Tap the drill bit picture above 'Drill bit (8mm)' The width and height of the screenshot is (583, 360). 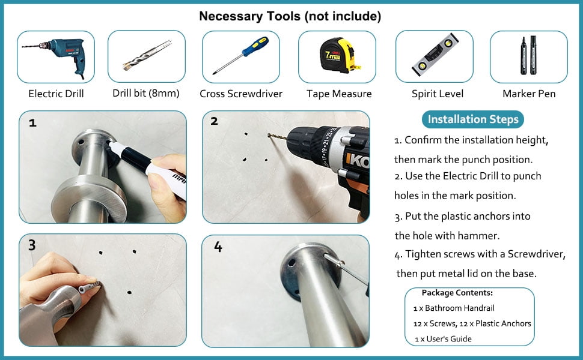coord(147,55)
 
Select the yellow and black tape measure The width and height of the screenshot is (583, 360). coord(339,55)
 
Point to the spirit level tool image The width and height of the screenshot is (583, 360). coord(435,55)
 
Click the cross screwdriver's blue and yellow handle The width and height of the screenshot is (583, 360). coord(255,46)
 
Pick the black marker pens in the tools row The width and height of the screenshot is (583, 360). coord(528,55)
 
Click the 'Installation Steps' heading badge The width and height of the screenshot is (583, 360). coord(473,119)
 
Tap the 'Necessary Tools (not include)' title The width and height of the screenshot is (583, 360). coord(290,16)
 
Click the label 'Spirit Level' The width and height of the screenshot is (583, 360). coord(438,94)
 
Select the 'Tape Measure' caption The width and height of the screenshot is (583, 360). coord(339,94)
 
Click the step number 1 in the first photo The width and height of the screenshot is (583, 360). coord(32,122)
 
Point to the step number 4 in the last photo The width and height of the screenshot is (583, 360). coord(218,247)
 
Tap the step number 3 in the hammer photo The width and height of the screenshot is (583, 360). coord(32,245)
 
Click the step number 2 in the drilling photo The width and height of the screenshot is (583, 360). coord(214,121)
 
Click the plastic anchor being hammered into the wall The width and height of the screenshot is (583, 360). coord(89,286)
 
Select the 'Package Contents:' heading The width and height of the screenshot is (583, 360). coord(457,292)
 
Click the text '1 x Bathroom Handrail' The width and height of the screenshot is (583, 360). coord(454,308)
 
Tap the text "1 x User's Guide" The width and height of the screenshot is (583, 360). coord(443,339)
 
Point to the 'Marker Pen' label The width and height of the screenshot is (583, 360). coord(529,94)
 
